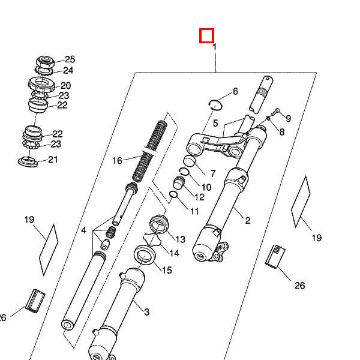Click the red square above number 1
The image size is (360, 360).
pyautogui.click(x=206, y=35)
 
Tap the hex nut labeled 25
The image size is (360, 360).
pyautogui.click(x=45, y=62)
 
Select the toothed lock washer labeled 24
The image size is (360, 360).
pyautogui.click(x=44, y=70)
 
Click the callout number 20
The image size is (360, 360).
pyautogui.click(x=65, y=86)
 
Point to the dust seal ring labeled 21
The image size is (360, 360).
pyautogui.click(x=28, y=161)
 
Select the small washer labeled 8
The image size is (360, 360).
pyautogui.click(x=268, y=118)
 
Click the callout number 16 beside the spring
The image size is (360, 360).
pyautogui.click(x=117, y=160)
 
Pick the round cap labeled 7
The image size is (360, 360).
pyautogui.click(x=190, y=160)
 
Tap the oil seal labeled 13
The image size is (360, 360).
pyautogui.click(x=159, y=224)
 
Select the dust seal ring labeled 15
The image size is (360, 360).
pyautogui.click(x=145, y=255)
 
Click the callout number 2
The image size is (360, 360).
pyautogui.click(x=247, y=221)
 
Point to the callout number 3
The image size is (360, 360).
pyautogui.click(x=147, y=312)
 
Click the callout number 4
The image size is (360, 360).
pyautogui.click(x=83, y=230)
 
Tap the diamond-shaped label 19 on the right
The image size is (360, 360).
pyautogui.click(x=301, y=202)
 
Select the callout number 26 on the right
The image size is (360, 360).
pyautogui.click(x=299, y=286)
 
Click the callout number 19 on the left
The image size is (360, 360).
pyautogui.click(x=29, y=220)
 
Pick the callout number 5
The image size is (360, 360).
pyautogui.click(x=215, y=123)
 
